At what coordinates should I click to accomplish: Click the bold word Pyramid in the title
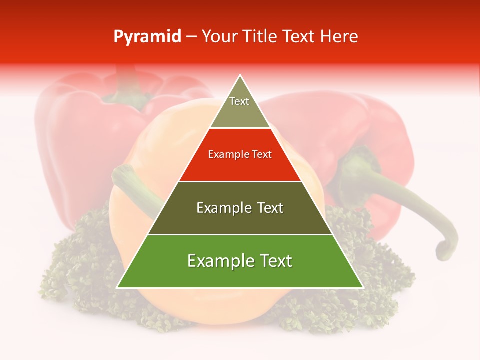(147, 37)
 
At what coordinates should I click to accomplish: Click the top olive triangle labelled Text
(240, 107)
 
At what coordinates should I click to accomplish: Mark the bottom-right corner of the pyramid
(362, 287)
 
